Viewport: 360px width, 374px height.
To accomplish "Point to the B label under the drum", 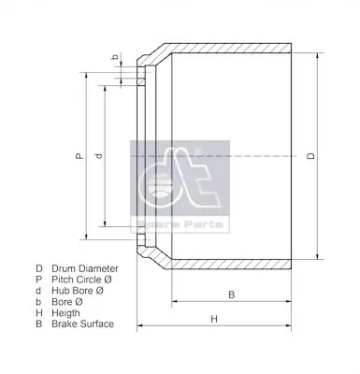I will pos(231,295).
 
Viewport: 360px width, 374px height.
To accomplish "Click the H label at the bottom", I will pos(213,319).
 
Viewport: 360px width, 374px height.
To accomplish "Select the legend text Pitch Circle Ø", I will pos(83,278).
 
